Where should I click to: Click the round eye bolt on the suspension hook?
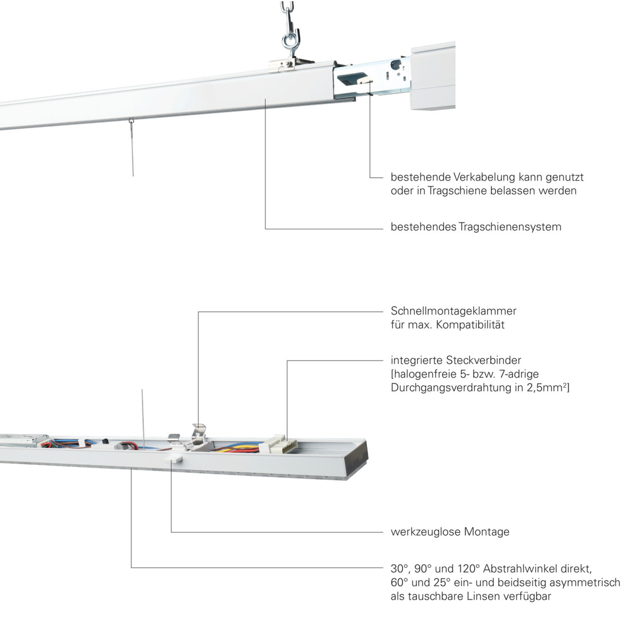(x=288, y=41)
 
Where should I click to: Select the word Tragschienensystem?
(x=510, y=227)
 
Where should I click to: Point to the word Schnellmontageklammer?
(x=454, y=311)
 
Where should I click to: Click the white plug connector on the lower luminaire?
(x=278, y=444)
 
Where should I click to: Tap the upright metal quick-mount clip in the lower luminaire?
(x=199, y=433)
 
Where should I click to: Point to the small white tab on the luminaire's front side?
(x=175, y=458)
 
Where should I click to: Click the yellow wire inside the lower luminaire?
(x=235, y=449)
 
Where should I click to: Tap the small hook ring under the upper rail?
(x=131, y=121)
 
